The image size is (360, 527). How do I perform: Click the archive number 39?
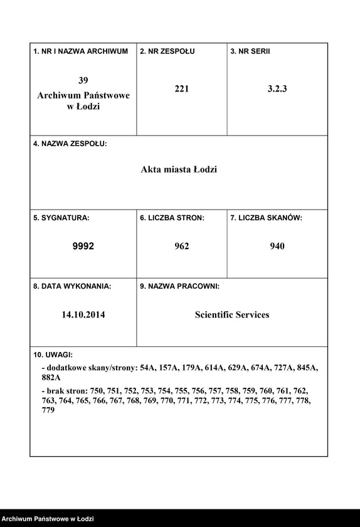click(83, 80)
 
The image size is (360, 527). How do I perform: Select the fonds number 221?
click(182, 89)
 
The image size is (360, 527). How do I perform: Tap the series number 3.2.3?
click(277, 89)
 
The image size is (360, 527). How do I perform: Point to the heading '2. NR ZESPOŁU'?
click(167, 51)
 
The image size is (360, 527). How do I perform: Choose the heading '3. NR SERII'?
click(250, 51)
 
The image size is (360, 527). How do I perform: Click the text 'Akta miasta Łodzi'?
click(179, 169)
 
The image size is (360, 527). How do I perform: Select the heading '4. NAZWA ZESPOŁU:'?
click(70, 144)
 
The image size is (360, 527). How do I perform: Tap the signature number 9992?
click(83, 247)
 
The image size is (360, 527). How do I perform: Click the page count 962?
click(182, 247)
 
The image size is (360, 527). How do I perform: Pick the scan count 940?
click(277, 247)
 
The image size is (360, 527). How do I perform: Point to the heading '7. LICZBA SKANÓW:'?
click(267, 218)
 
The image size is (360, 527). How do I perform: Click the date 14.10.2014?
click(83, 315)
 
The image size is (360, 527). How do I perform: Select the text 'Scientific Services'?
click(232, 315)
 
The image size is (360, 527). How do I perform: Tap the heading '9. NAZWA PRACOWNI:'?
click(179, 286)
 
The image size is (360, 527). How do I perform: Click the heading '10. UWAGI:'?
click(53, 354)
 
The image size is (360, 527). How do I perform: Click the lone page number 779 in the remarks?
click(48, 410)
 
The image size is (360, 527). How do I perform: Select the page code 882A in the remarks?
click(51, 378)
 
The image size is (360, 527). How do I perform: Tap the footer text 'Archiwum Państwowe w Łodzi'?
click(48, 519)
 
